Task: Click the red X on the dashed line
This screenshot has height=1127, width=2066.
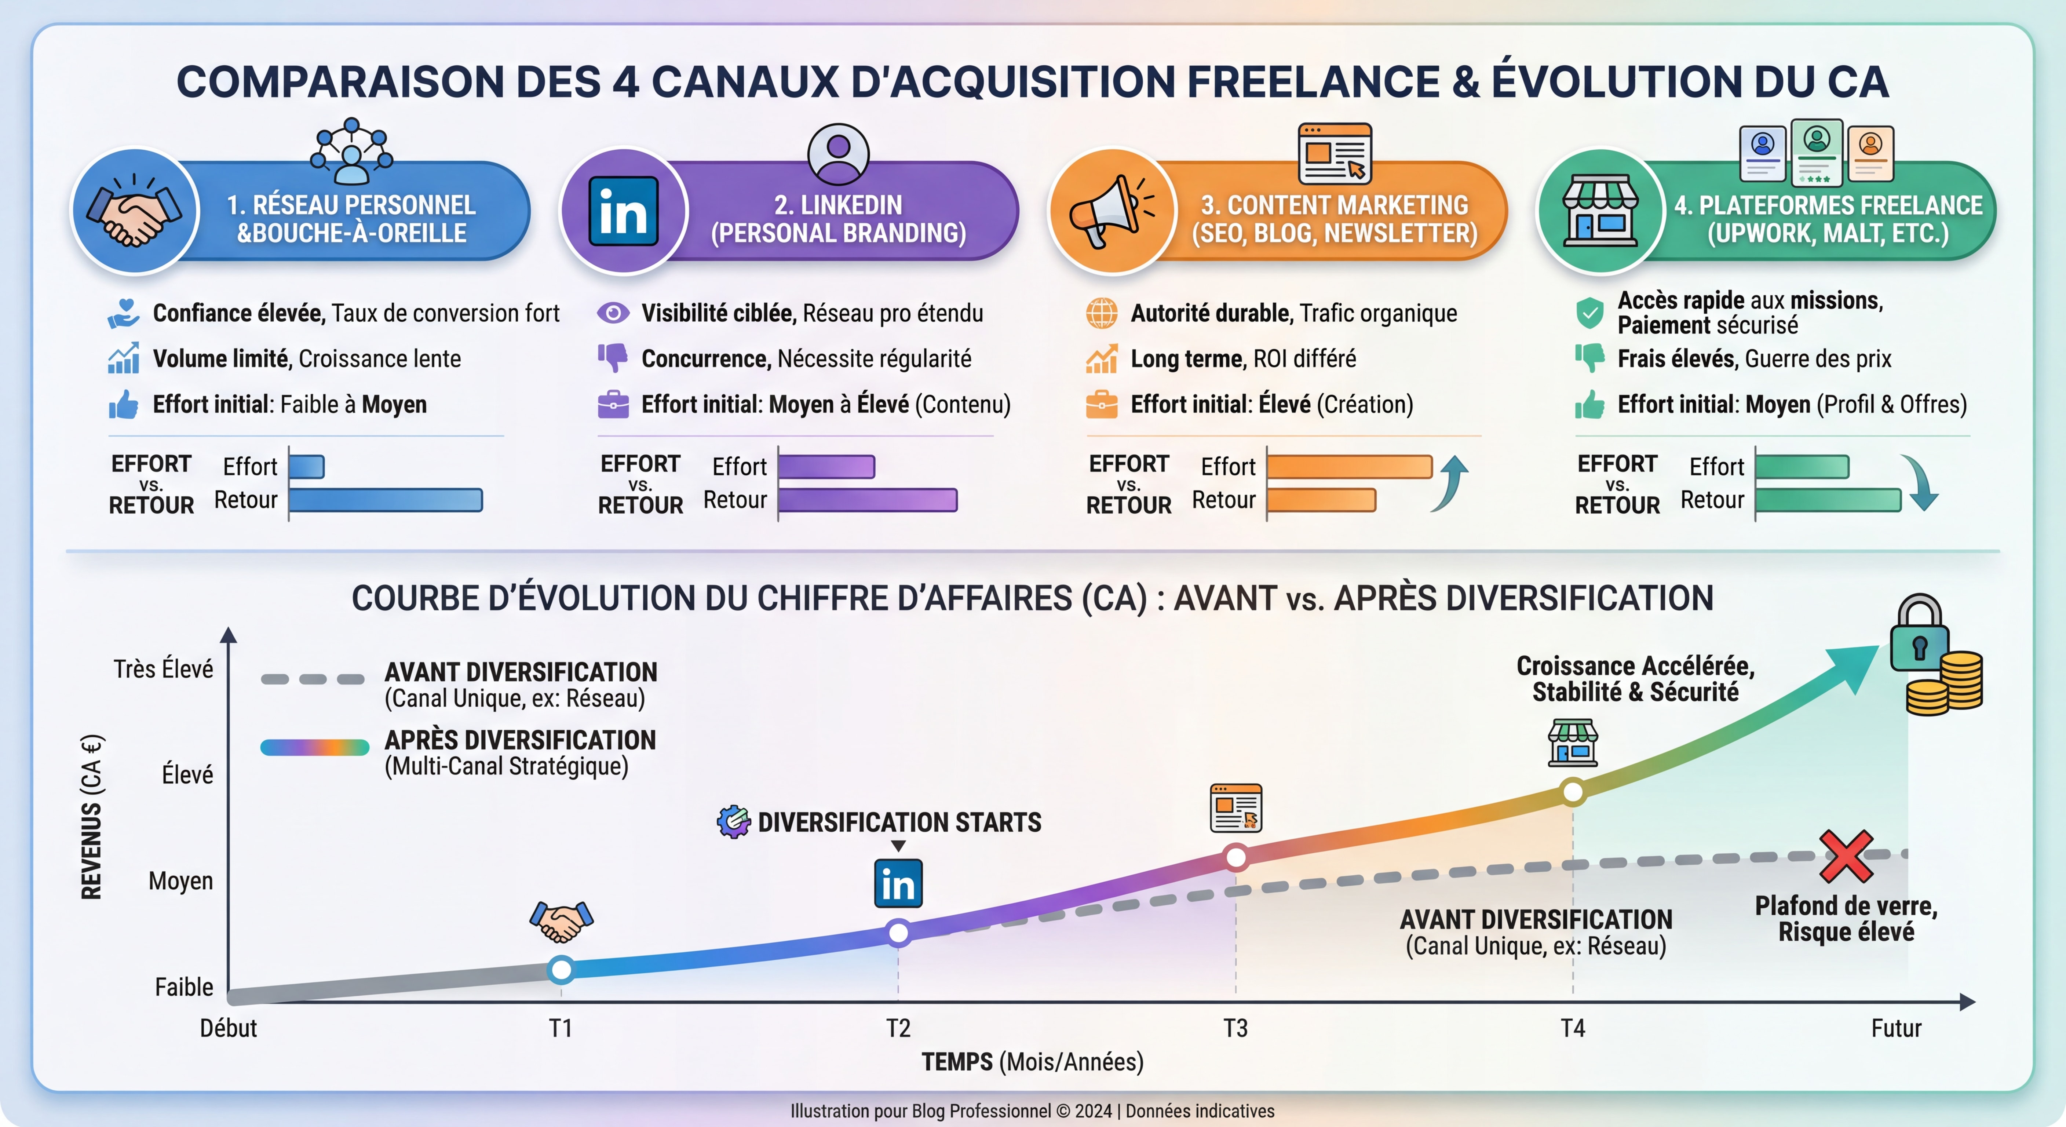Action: (x=1846, y=856)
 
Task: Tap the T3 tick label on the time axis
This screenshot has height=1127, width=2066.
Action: (x=1235, y=1028)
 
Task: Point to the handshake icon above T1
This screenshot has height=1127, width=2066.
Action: (x=561, y=921)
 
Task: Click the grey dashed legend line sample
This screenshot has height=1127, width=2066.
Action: (x=313, y=679)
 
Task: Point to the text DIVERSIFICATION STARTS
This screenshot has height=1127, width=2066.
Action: (x=899, y=822)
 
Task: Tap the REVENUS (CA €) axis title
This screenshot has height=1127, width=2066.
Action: (x=91, y=817)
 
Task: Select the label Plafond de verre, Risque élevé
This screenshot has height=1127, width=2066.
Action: (x=1846, y=919)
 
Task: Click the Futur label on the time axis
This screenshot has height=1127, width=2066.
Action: (x=1896, y=1028)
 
